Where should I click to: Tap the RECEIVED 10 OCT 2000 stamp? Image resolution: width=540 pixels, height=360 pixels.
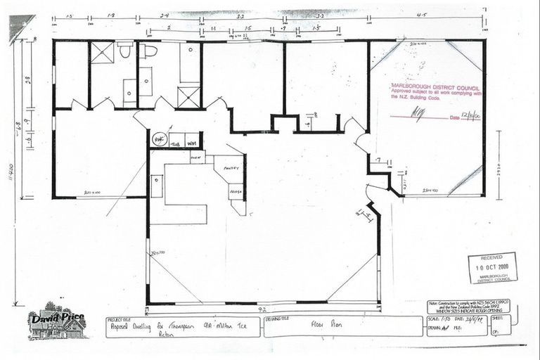click(491, 268)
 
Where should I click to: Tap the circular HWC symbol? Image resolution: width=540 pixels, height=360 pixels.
click(158, 139)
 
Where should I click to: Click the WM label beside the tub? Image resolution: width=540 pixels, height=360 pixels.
click(191, 140)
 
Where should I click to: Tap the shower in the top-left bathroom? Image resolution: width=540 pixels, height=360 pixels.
click(102, 52)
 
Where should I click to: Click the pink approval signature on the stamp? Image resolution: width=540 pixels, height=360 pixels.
click(417, 112)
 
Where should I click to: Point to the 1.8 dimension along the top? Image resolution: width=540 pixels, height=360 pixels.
click(112, 14)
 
